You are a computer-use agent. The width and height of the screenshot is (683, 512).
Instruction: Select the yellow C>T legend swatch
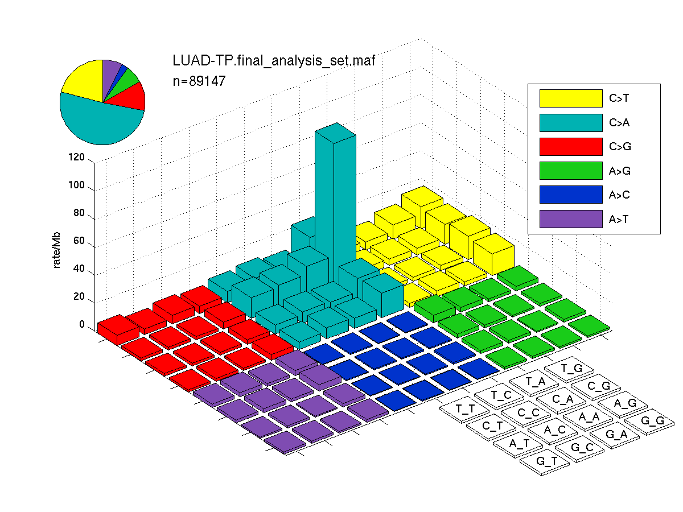[x=571, y=98]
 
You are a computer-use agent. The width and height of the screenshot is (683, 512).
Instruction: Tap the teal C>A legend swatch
[x=571, y=122]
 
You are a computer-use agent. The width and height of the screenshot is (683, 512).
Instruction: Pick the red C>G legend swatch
[x=571, y=146]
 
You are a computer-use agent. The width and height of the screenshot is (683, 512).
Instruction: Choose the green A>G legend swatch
[x=571, y=170]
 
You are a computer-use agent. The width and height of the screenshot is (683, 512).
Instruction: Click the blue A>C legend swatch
[x=571, y=195]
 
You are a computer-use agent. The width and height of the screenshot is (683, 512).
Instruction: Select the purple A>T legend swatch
[x=571, y=219]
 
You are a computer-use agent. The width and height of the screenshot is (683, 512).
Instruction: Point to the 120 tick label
[x=76, y=157]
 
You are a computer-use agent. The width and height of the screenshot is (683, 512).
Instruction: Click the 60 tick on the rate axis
[x=79, y=241]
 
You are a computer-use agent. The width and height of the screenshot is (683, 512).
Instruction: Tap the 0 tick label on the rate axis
[x=82, y=324]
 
